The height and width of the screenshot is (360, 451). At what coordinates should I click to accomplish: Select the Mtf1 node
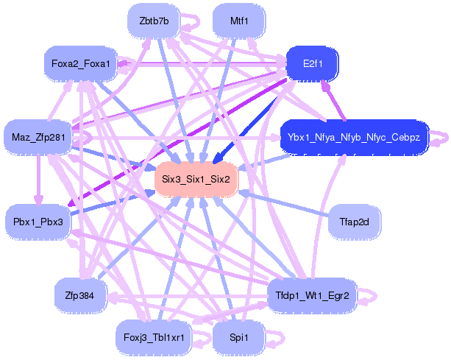[238, 21]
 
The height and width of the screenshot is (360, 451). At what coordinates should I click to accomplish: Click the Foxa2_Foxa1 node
[81, 64]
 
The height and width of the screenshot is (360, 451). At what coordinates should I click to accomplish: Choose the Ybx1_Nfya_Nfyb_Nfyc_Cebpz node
[354, 137]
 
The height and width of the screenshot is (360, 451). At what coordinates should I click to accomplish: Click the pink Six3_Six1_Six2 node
[196, 179]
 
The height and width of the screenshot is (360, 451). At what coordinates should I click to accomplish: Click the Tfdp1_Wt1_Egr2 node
[311, 295]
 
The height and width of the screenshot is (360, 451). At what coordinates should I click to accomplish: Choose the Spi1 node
[238, 337]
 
